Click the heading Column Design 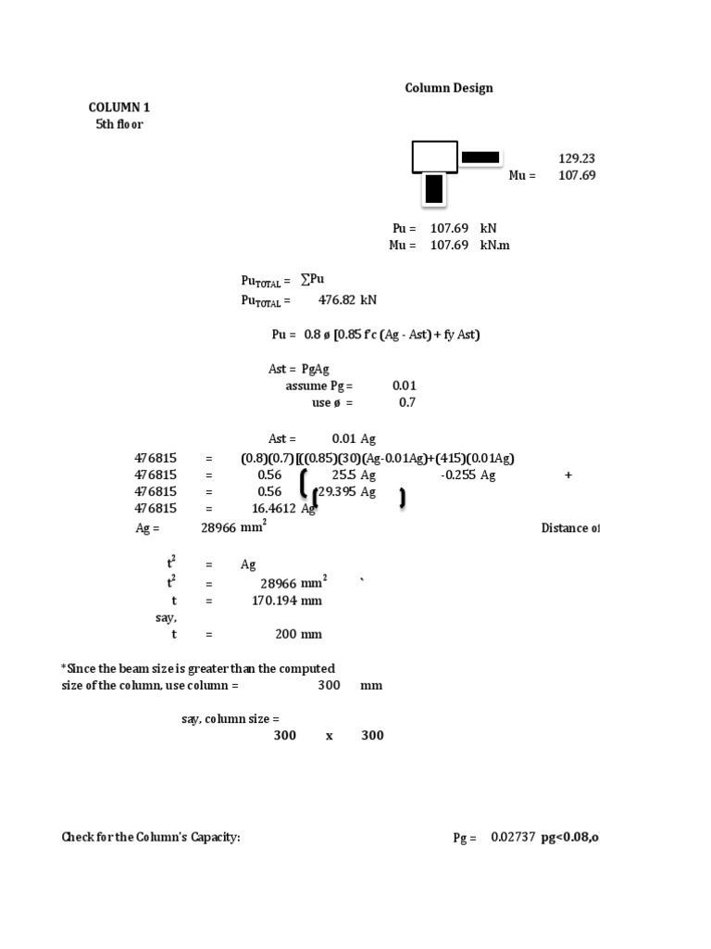point(449,88)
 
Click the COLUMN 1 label point(118,108)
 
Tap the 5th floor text point(119,124)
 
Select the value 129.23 point(577,158)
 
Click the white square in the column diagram point(434,157)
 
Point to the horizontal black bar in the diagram point(480,158)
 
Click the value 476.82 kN point(347,300)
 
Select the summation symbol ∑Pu point(312,280)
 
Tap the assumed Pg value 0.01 point(404,386)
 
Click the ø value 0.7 point(407,403)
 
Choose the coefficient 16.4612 point(274,509)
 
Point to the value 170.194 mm point(287,601)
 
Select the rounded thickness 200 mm point(298,635)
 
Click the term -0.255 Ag point(468,475)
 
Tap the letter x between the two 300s point(329,736)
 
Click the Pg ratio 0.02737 point(514,838)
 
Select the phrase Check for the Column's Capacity point(151,838)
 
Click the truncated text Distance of point(570,528)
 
